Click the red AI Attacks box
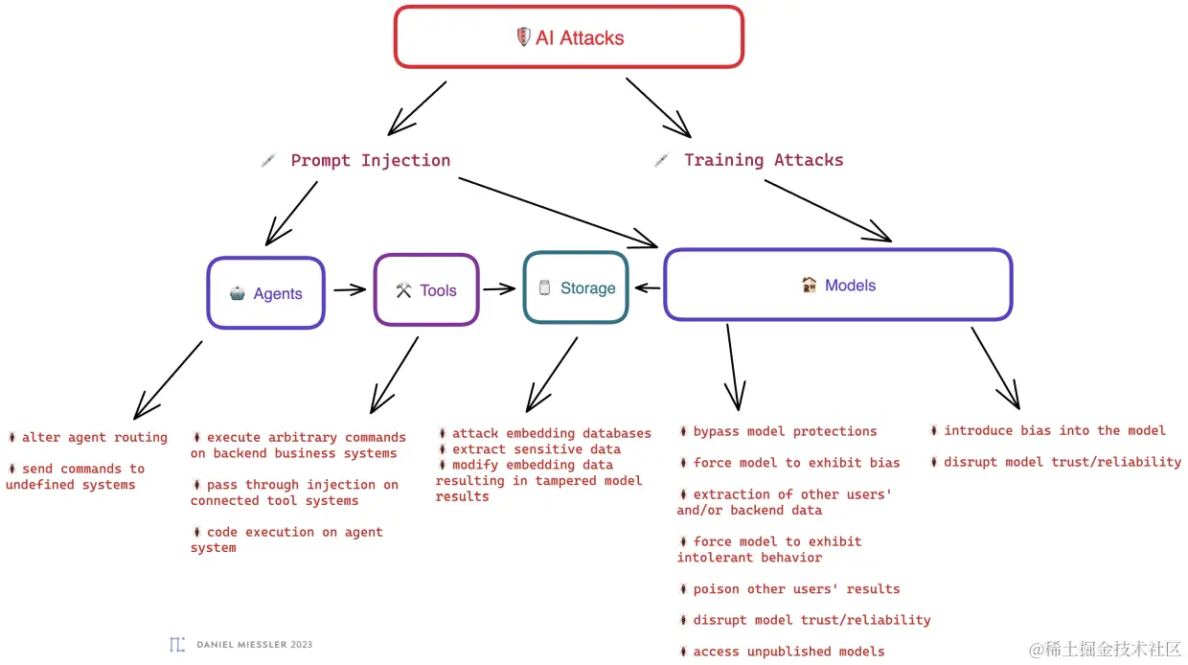click(569, 37)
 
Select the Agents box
click(266, 293)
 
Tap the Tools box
click(426, 290)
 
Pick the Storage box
click(576, 287)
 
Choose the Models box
click(838, 285)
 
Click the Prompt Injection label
click(370, 160)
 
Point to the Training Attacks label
click(764, 160)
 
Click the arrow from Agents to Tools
click(350, 289)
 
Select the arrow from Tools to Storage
click(499, 288)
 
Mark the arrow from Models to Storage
click(648, 287)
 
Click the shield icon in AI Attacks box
click(523, 37)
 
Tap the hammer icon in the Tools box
click(403, 290)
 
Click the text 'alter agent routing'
click(94, 437)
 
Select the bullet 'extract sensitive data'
click(536, 448)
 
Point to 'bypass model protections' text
click(785, 431)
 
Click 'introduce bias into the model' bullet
click(1054, 430)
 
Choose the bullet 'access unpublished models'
click(788, 651)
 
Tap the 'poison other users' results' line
click(796, 588)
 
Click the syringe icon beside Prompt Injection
click(268, 160)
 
